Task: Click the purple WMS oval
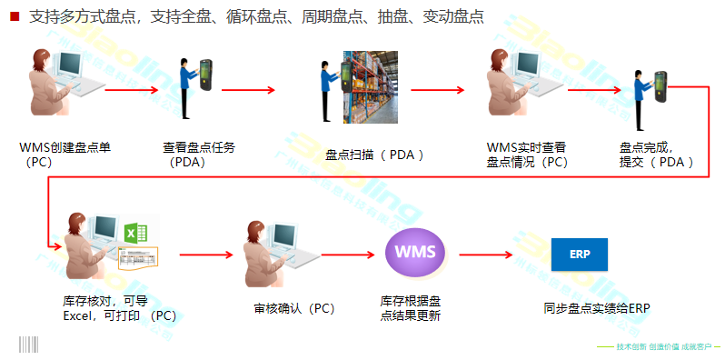click(415, 252)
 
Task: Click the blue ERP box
click(579, 253)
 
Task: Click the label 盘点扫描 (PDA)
click(374, 155)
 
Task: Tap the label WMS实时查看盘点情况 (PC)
click(527, 155)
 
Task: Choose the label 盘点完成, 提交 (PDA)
click(656, 155)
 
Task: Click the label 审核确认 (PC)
click(294, 308)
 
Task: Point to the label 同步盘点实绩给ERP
click(597, 307)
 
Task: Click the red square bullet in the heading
click(15, 16)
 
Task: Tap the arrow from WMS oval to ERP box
click(492, 254)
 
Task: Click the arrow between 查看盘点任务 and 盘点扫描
click(247, 89)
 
